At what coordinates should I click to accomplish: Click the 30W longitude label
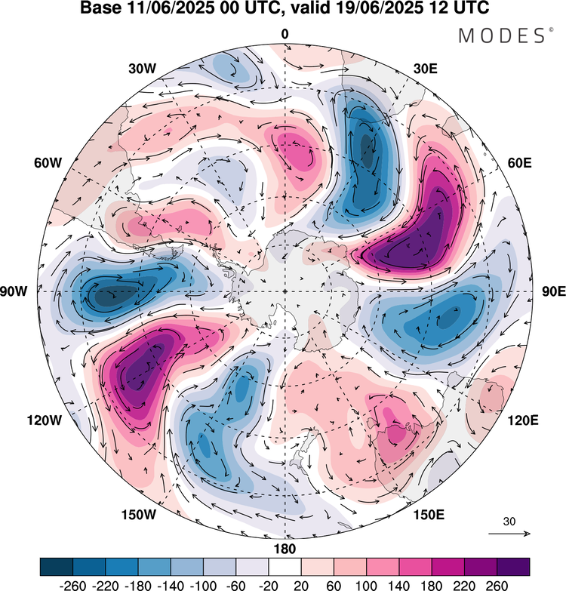pyautogui.click(x=141, y=69)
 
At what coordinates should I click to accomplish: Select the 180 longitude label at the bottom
pyautogui.click(x=285, y=549)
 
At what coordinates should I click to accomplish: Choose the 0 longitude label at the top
pyautogui.click(x=285, y=34)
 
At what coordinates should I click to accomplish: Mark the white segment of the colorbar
pyautogui.click(x=285, y=566)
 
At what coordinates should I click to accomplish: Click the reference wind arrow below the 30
pyautogui.click(x=509, y=534)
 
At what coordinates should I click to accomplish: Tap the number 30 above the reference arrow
pyautogui.click(x=509, y=522)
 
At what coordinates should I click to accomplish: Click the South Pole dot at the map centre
pyautogui.click(x=285, y=291)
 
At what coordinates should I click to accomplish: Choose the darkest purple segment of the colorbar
pyautogui.click(x=513, y=566)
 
